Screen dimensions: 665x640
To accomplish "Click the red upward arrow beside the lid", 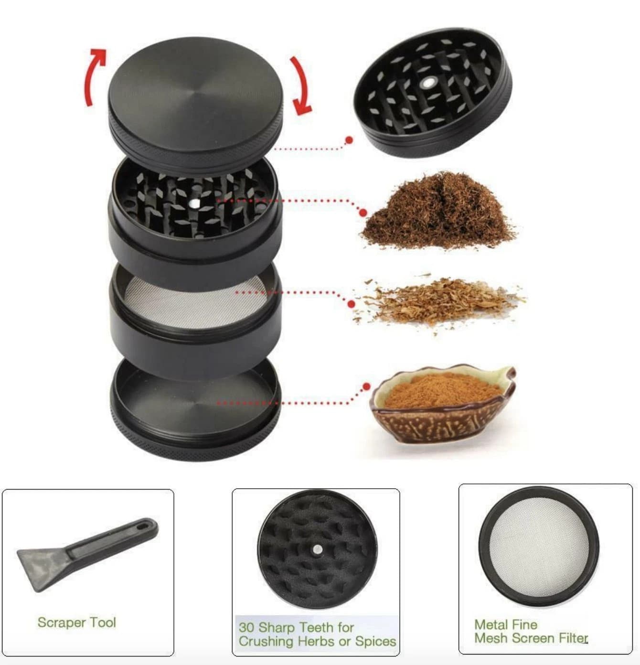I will [94, 76].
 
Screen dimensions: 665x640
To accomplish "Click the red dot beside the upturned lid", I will [349, 140].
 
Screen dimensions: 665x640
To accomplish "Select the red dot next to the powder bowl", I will [366, 386].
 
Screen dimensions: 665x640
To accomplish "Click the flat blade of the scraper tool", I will [41, 568].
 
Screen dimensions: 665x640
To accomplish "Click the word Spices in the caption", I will [375, 641].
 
